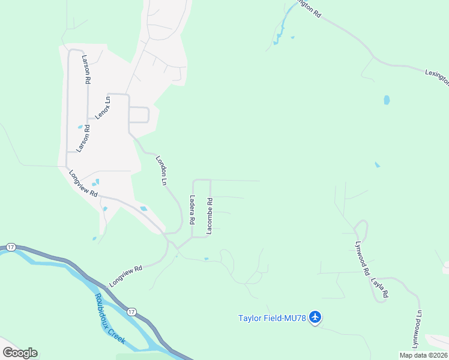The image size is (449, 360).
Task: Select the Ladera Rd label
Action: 192,210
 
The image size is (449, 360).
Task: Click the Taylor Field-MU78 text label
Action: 272,318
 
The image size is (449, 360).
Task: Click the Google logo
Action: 20,352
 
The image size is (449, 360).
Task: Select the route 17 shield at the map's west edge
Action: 11,247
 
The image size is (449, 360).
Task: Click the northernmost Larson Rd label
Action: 87,68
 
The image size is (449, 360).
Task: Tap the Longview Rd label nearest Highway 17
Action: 125,276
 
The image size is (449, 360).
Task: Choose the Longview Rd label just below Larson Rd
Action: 83,184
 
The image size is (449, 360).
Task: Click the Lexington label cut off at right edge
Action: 435,79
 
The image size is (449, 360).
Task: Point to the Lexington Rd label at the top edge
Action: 307,8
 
